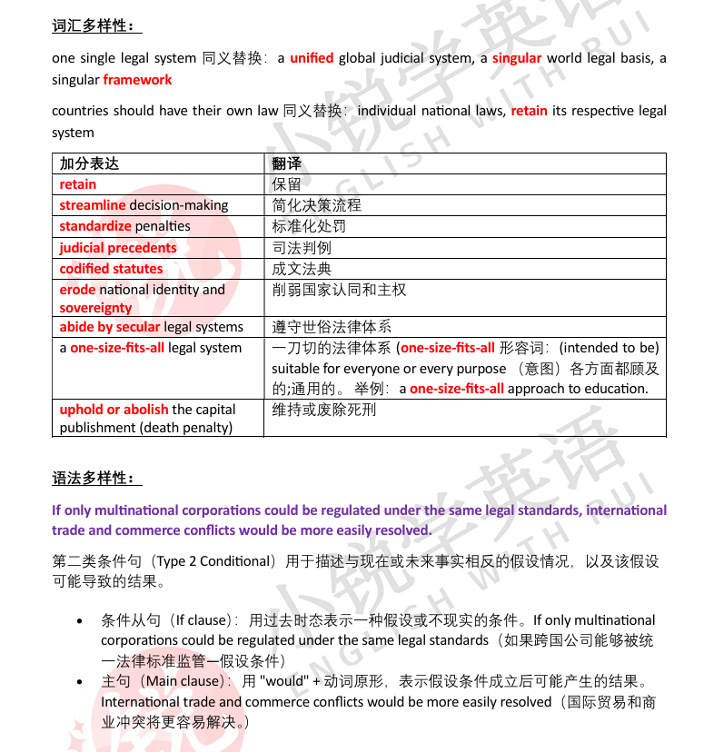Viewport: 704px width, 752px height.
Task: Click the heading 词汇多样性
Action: point(95,26)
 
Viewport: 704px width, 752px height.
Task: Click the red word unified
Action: point(312,58)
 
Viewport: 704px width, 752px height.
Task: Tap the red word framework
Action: point(137,79)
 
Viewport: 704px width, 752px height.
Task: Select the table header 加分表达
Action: point(89,163)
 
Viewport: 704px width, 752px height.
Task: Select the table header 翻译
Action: point(286,163)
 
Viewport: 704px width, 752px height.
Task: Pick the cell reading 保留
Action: point(286,184)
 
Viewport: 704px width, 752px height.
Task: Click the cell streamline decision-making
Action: point(144,205)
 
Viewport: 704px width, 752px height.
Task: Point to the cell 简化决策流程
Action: point(316,205)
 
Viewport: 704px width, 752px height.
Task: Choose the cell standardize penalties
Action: point(125,226)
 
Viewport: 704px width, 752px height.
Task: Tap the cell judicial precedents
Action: point(118,247)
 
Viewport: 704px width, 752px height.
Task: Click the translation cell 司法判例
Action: point(302,247)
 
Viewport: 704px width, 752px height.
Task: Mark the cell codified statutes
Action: point(111,269)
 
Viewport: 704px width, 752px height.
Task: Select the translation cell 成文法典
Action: point(302,269)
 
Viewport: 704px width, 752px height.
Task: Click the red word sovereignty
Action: point(95,308)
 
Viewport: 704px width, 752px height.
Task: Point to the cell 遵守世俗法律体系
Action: point(332,327)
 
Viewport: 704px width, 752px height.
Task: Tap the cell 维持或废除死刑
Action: point(324,410)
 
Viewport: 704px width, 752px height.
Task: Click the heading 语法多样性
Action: point(95,479)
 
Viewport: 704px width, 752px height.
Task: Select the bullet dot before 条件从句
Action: point(82,622)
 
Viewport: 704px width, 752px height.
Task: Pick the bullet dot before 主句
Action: point(82,683)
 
